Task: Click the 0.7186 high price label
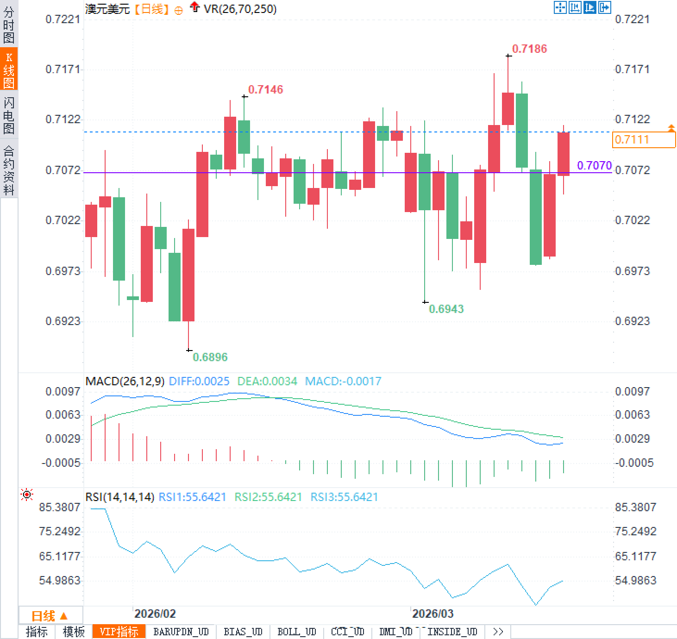click(x=529, y=49)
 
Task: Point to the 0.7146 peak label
click(x=265, y=89)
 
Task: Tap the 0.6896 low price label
click(x=210, y=357)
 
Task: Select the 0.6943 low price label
click(x=446, y=309)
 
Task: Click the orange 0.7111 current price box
click(x=643, y=139)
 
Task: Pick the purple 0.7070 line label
click(x=594, y=165)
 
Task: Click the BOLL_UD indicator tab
click(x=296, y=632)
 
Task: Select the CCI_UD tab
click(x=347, y=632)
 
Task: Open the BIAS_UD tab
click(x=243, y=632)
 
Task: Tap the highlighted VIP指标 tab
click(x=119, y=632)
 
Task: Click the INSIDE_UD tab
click(x=452, y=632)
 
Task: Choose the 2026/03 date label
click(x=433, y=614)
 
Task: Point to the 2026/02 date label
click(x=155, y=614)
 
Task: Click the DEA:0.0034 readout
click(x=267, y=381)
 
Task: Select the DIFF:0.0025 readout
click(x=199, y=381)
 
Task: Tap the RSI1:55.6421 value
click(x=192, y=497)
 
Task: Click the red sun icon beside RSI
click(x=27, y=495)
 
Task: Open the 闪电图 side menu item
click(x=9, y=115)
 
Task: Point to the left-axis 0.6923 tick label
click(x=63, y=321)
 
